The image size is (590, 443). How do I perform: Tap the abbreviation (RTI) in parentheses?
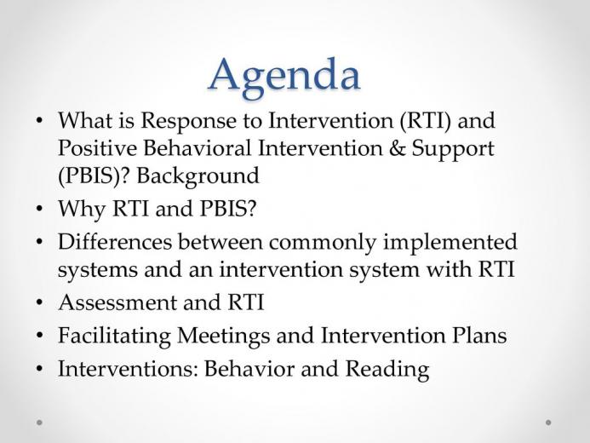click(425, 121)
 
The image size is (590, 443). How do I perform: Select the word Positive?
click(97, 148)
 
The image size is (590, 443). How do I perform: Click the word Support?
click(453, 149)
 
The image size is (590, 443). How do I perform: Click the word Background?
click(198, 176)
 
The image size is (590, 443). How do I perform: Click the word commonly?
click(322, 243)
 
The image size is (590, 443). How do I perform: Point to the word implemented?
click(450, 243)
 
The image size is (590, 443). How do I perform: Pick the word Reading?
click(387, 370)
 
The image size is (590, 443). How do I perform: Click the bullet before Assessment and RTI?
click(39, 303)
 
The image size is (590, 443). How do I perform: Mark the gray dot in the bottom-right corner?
click(548, 423)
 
